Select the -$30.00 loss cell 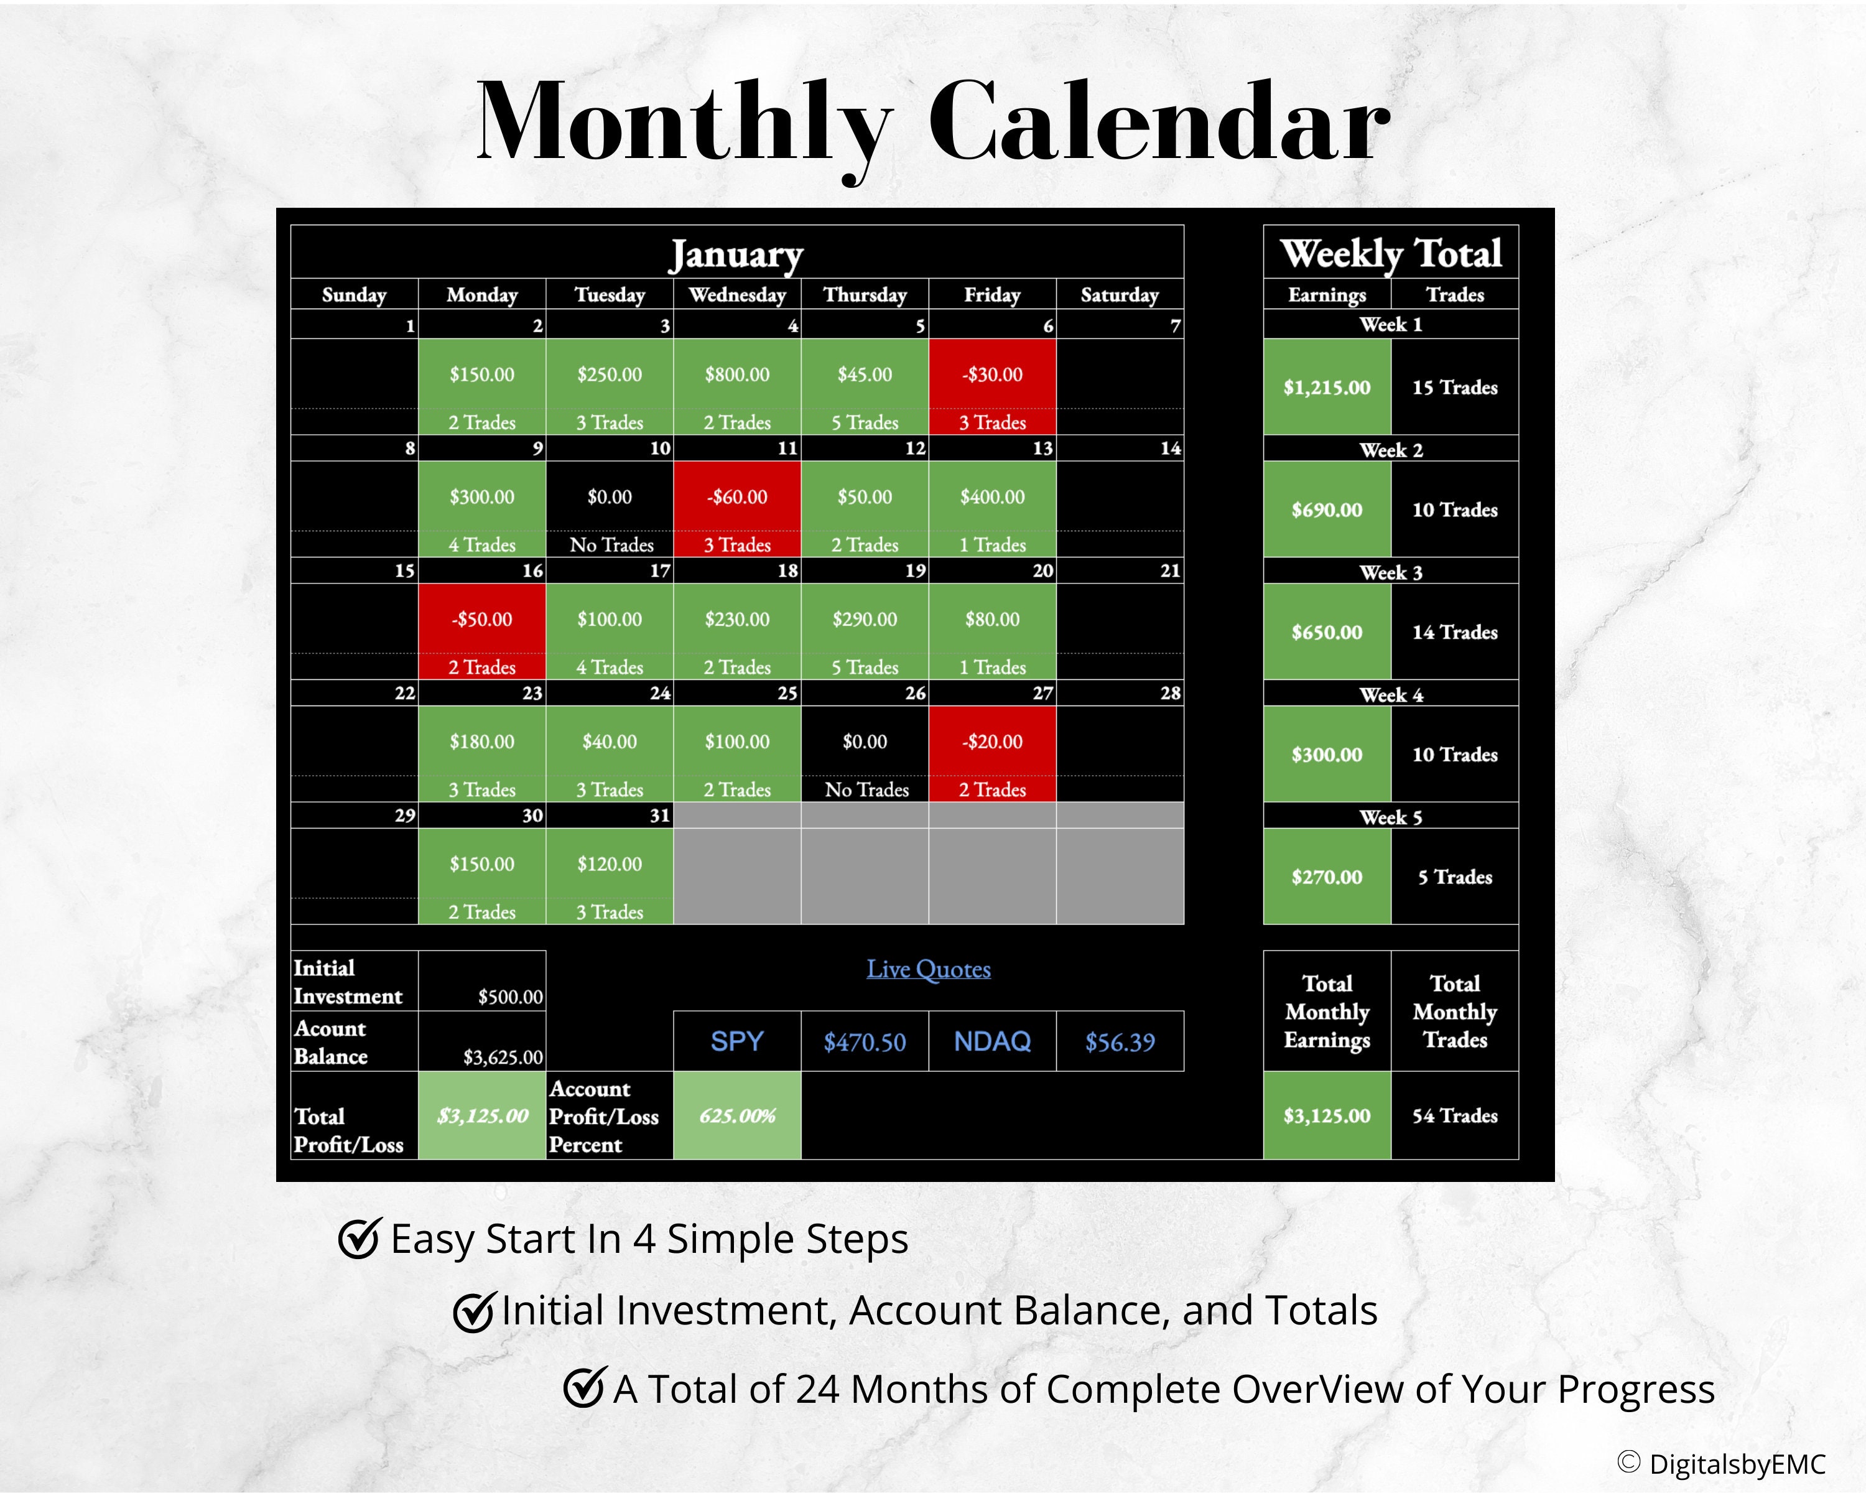992,374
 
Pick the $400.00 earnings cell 992,497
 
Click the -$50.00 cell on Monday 481,620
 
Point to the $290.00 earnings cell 865,620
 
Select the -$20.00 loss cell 992,742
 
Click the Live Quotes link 929,969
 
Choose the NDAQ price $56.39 1120,1042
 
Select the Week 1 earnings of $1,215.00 1327,388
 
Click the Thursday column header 865,295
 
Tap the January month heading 736,254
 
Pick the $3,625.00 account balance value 503,1057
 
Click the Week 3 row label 1391,572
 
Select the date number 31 659,816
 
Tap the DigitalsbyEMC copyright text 1722,1464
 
